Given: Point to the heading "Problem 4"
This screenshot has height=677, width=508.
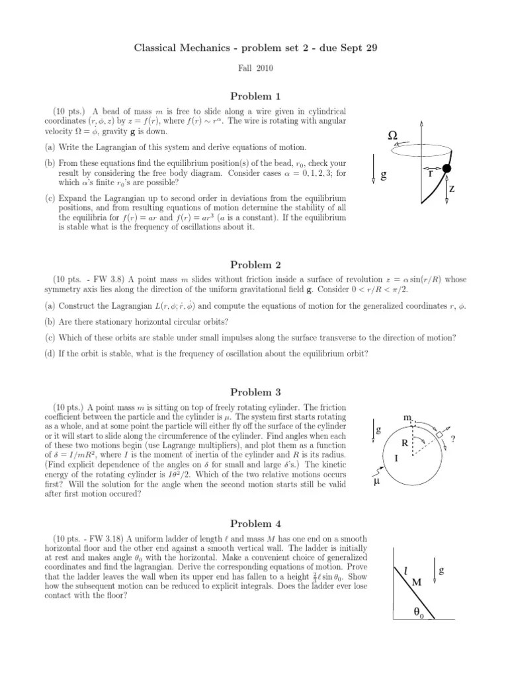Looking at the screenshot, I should [x=255, y=523].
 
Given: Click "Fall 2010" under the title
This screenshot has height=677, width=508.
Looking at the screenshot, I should [x=255, y=67].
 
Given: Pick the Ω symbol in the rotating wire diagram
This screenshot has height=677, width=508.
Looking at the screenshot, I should [x=393, y=135].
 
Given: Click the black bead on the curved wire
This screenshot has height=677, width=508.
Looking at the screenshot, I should [x=446, y=169].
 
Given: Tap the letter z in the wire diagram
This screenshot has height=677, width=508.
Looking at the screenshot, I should [x=451, y=188].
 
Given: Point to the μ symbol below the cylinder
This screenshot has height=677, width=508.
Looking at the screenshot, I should [x=377, y=482].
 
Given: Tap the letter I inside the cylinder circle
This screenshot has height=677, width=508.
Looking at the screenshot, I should [x=396, y=456].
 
